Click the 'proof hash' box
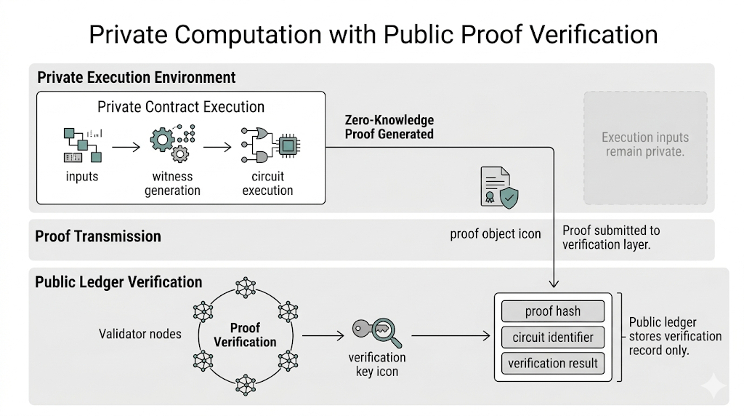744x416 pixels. pos(553,311)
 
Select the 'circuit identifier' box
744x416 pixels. pos(553,337)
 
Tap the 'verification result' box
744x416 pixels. pos(553,364)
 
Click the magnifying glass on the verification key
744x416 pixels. pos(385,332)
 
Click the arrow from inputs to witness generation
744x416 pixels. pos(126,147)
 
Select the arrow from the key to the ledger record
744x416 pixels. pos(450,336)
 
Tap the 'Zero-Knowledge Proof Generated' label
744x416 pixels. pos(389,127)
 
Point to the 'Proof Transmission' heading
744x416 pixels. pos(98,236)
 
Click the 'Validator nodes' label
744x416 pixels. pos(139,334)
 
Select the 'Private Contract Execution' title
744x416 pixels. pos(181,107)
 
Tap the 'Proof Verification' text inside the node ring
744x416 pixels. pos(245,335)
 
